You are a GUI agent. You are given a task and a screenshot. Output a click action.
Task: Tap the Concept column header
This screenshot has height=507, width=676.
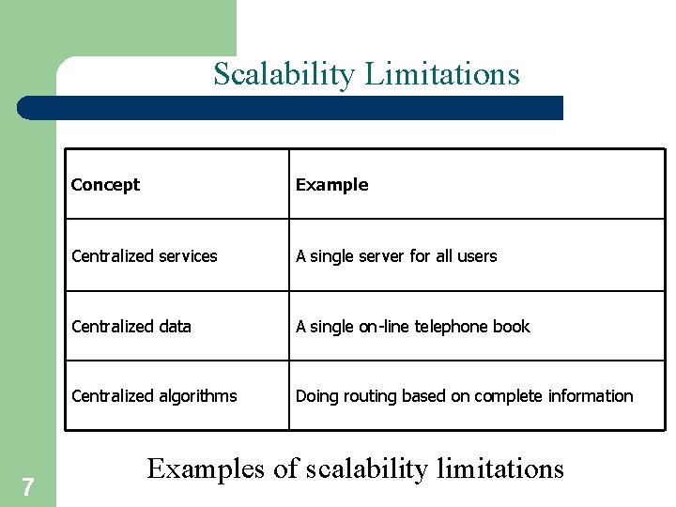point(105,185)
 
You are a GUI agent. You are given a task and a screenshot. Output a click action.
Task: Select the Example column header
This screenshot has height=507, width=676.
point(332,185)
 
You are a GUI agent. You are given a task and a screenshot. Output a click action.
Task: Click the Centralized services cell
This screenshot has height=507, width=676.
point(145,255)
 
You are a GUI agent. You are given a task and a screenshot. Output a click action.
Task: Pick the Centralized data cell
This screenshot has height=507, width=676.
point(131,327)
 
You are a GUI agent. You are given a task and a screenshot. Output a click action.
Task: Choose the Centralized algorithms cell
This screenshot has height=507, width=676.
point(154,396)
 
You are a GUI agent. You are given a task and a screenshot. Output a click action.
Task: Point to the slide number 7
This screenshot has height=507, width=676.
point(28,486)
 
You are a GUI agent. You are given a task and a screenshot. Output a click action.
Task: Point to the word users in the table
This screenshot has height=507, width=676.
point(478,255)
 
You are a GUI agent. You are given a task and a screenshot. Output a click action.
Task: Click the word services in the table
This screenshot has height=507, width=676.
point(186,255)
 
